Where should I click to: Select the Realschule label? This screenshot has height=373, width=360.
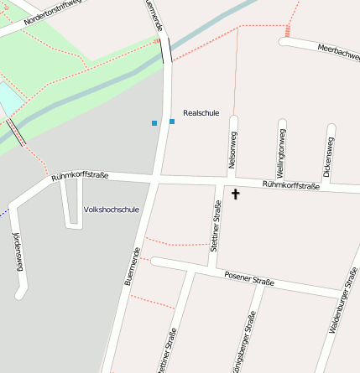(201, 112)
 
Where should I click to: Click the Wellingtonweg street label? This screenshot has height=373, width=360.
(283, 152)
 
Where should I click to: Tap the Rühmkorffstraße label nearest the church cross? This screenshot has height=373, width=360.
(290, 184)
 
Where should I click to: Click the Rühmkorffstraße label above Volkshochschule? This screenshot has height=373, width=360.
(80, 176)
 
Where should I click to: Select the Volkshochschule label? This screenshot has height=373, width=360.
(112, 210)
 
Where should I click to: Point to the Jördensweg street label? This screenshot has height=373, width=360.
(15, 252)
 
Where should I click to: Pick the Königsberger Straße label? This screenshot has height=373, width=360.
(244, 344)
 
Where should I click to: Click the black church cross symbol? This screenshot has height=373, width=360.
(235, 194)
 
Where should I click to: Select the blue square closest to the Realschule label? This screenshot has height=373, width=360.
(172, 122)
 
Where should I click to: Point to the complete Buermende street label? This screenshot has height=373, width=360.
(132, 267)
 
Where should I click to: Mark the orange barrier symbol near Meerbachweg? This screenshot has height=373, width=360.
(287, 31)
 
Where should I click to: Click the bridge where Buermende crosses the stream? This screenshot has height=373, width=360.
(166, 50)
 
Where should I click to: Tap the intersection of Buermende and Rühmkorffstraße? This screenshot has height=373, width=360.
(157, 179)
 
